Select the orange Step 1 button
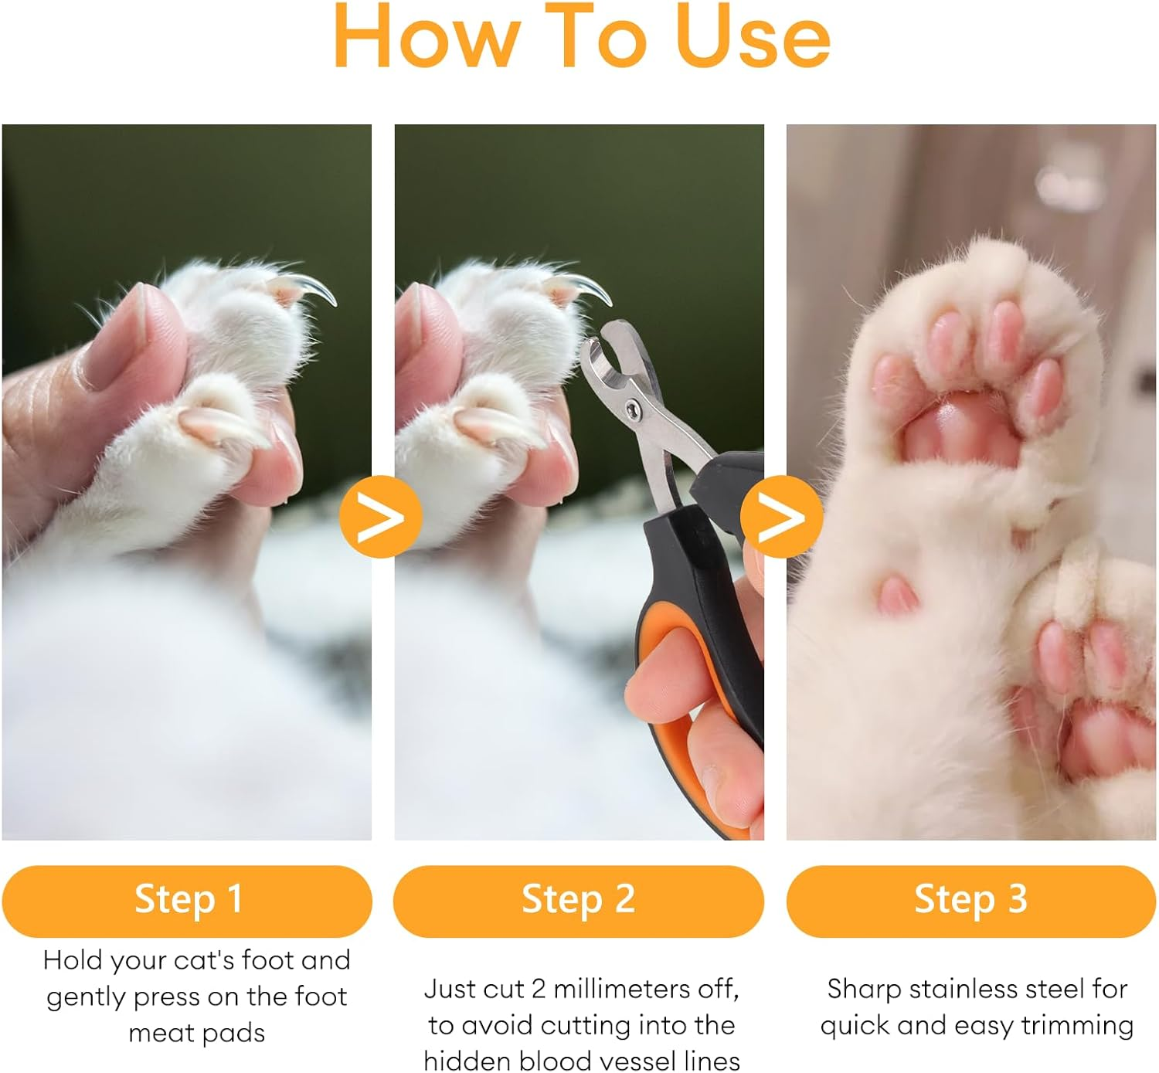187,900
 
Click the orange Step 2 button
578,900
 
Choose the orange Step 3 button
970,900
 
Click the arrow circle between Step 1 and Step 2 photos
380,517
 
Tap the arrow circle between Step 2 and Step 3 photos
781,517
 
